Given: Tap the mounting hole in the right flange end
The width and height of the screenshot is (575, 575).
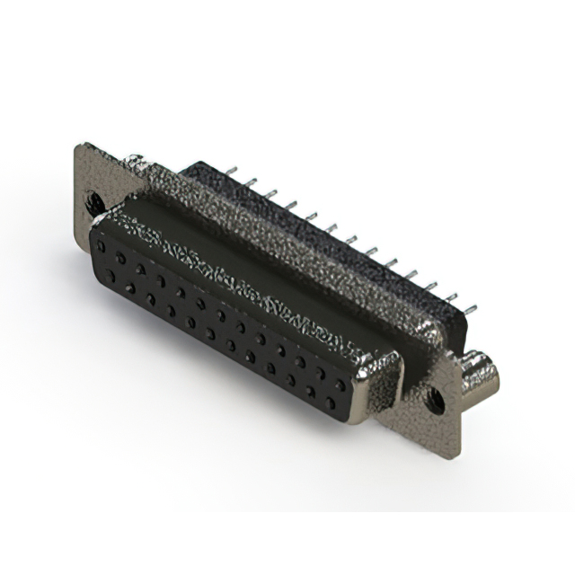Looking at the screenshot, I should pos(436,396).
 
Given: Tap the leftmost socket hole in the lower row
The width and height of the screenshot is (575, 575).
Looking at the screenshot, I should pos(110,276).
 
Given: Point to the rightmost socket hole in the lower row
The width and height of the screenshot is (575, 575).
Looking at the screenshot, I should pos(331,402).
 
